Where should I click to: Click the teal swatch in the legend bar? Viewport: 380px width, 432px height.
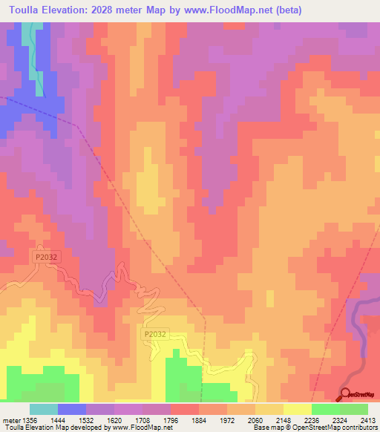[44, 409]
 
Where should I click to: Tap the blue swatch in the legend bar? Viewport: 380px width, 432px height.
[72, 409]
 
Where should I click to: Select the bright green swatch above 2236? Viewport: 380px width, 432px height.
[325, 409]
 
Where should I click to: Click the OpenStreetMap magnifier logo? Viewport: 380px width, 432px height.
[346, 394]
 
